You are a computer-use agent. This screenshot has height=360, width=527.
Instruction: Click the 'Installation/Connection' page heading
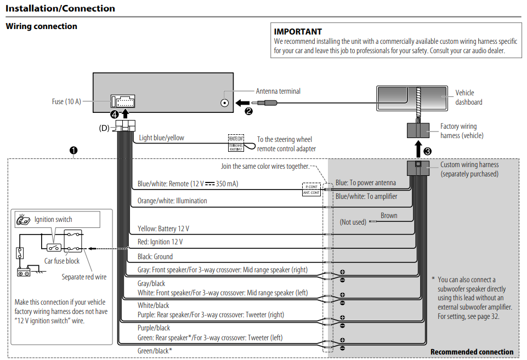[60, 8]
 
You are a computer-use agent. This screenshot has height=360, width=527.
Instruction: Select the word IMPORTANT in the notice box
[298, 32]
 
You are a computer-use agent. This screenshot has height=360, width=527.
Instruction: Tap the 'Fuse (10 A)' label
[66, 101]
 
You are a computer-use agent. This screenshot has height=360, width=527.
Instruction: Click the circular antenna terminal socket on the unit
[225, 102]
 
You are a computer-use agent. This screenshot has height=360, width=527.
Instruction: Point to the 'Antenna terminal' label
[278, 92]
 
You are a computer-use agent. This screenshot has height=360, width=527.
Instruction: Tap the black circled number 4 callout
[114, 115]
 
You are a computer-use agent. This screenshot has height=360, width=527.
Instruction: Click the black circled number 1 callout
[73, 150]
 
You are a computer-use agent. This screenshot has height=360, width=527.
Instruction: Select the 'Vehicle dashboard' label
[468, 98]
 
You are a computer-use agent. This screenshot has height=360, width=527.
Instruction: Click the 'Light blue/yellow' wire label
[162, 138]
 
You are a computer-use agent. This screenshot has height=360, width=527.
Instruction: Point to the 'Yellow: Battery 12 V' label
[163, 228]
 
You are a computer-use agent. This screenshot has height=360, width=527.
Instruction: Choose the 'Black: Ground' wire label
[155, 256]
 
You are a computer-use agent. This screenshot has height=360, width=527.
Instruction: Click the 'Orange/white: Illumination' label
[172, 201]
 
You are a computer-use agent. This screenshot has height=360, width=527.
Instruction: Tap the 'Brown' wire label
[389, 215]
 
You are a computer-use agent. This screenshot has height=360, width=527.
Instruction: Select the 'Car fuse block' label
[62, 261]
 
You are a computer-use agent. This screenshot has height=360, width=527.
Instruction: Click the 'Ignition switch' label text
[53, 220]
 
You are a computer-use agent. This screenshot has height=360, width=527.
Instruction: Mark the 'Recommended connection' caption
[472, 352]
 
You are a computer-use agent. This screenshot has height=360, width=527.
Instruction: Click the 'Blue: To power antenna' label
[365, 183]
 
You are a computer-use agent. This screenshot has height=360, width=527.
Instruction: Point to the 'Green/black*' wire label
[155, 350]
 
